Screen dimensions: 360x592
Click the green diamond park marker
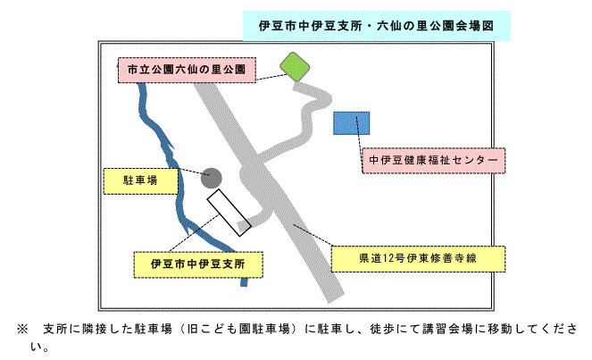point(295,65)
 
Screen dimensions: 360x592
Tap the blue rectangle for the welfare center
point(352,123)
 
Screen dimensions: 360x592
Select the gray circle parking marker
point(212,177)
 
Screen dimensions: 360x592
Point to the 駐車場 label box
point(140,180)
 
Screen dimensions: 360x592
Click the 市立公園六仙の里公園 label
point(186,69)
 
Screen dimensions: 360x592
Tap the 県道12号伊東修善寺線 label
point(417,259)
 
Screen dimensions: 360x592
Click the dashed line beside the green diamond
point(270,77)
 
